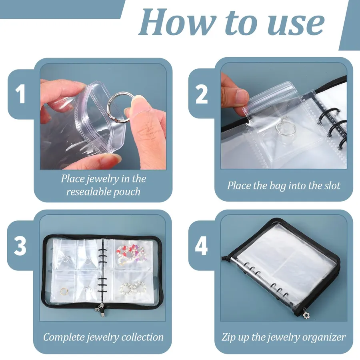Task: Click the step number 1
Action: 20,94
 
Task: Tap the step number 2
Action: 201,94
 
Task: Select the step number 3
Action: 20,246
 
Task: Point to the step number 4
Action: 201,246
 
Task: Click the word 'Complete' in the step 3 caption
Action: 64,337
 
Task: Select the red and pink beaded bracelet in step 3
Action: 130,254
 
